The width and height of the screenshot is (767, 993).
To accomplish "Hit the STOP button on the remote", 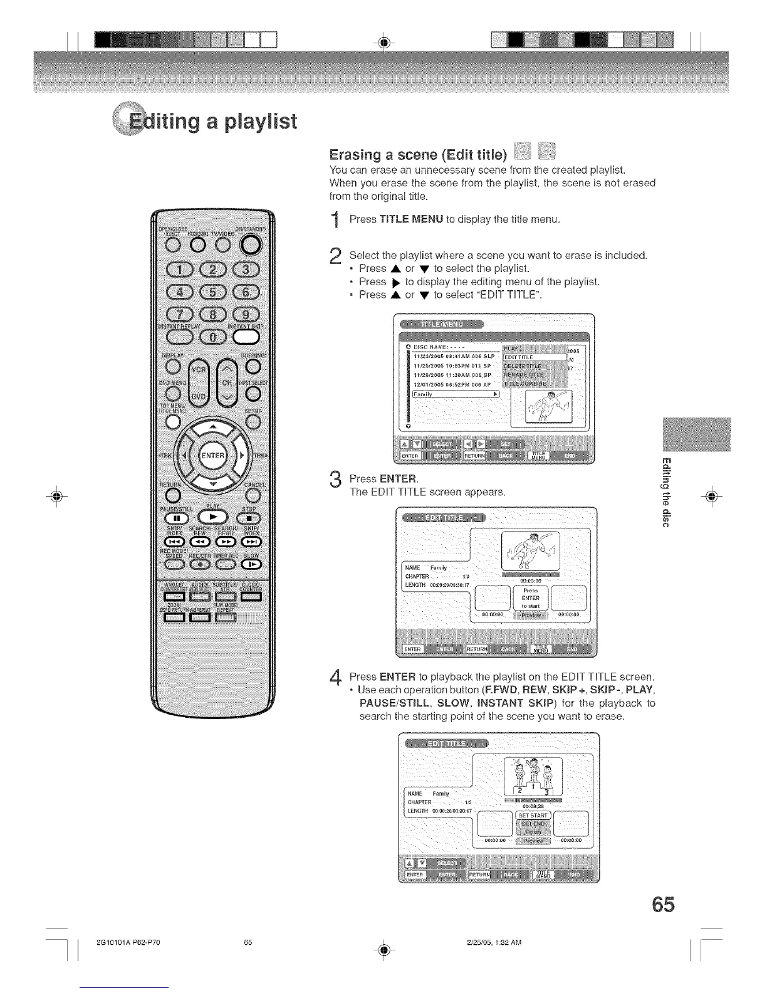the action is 250,518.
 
